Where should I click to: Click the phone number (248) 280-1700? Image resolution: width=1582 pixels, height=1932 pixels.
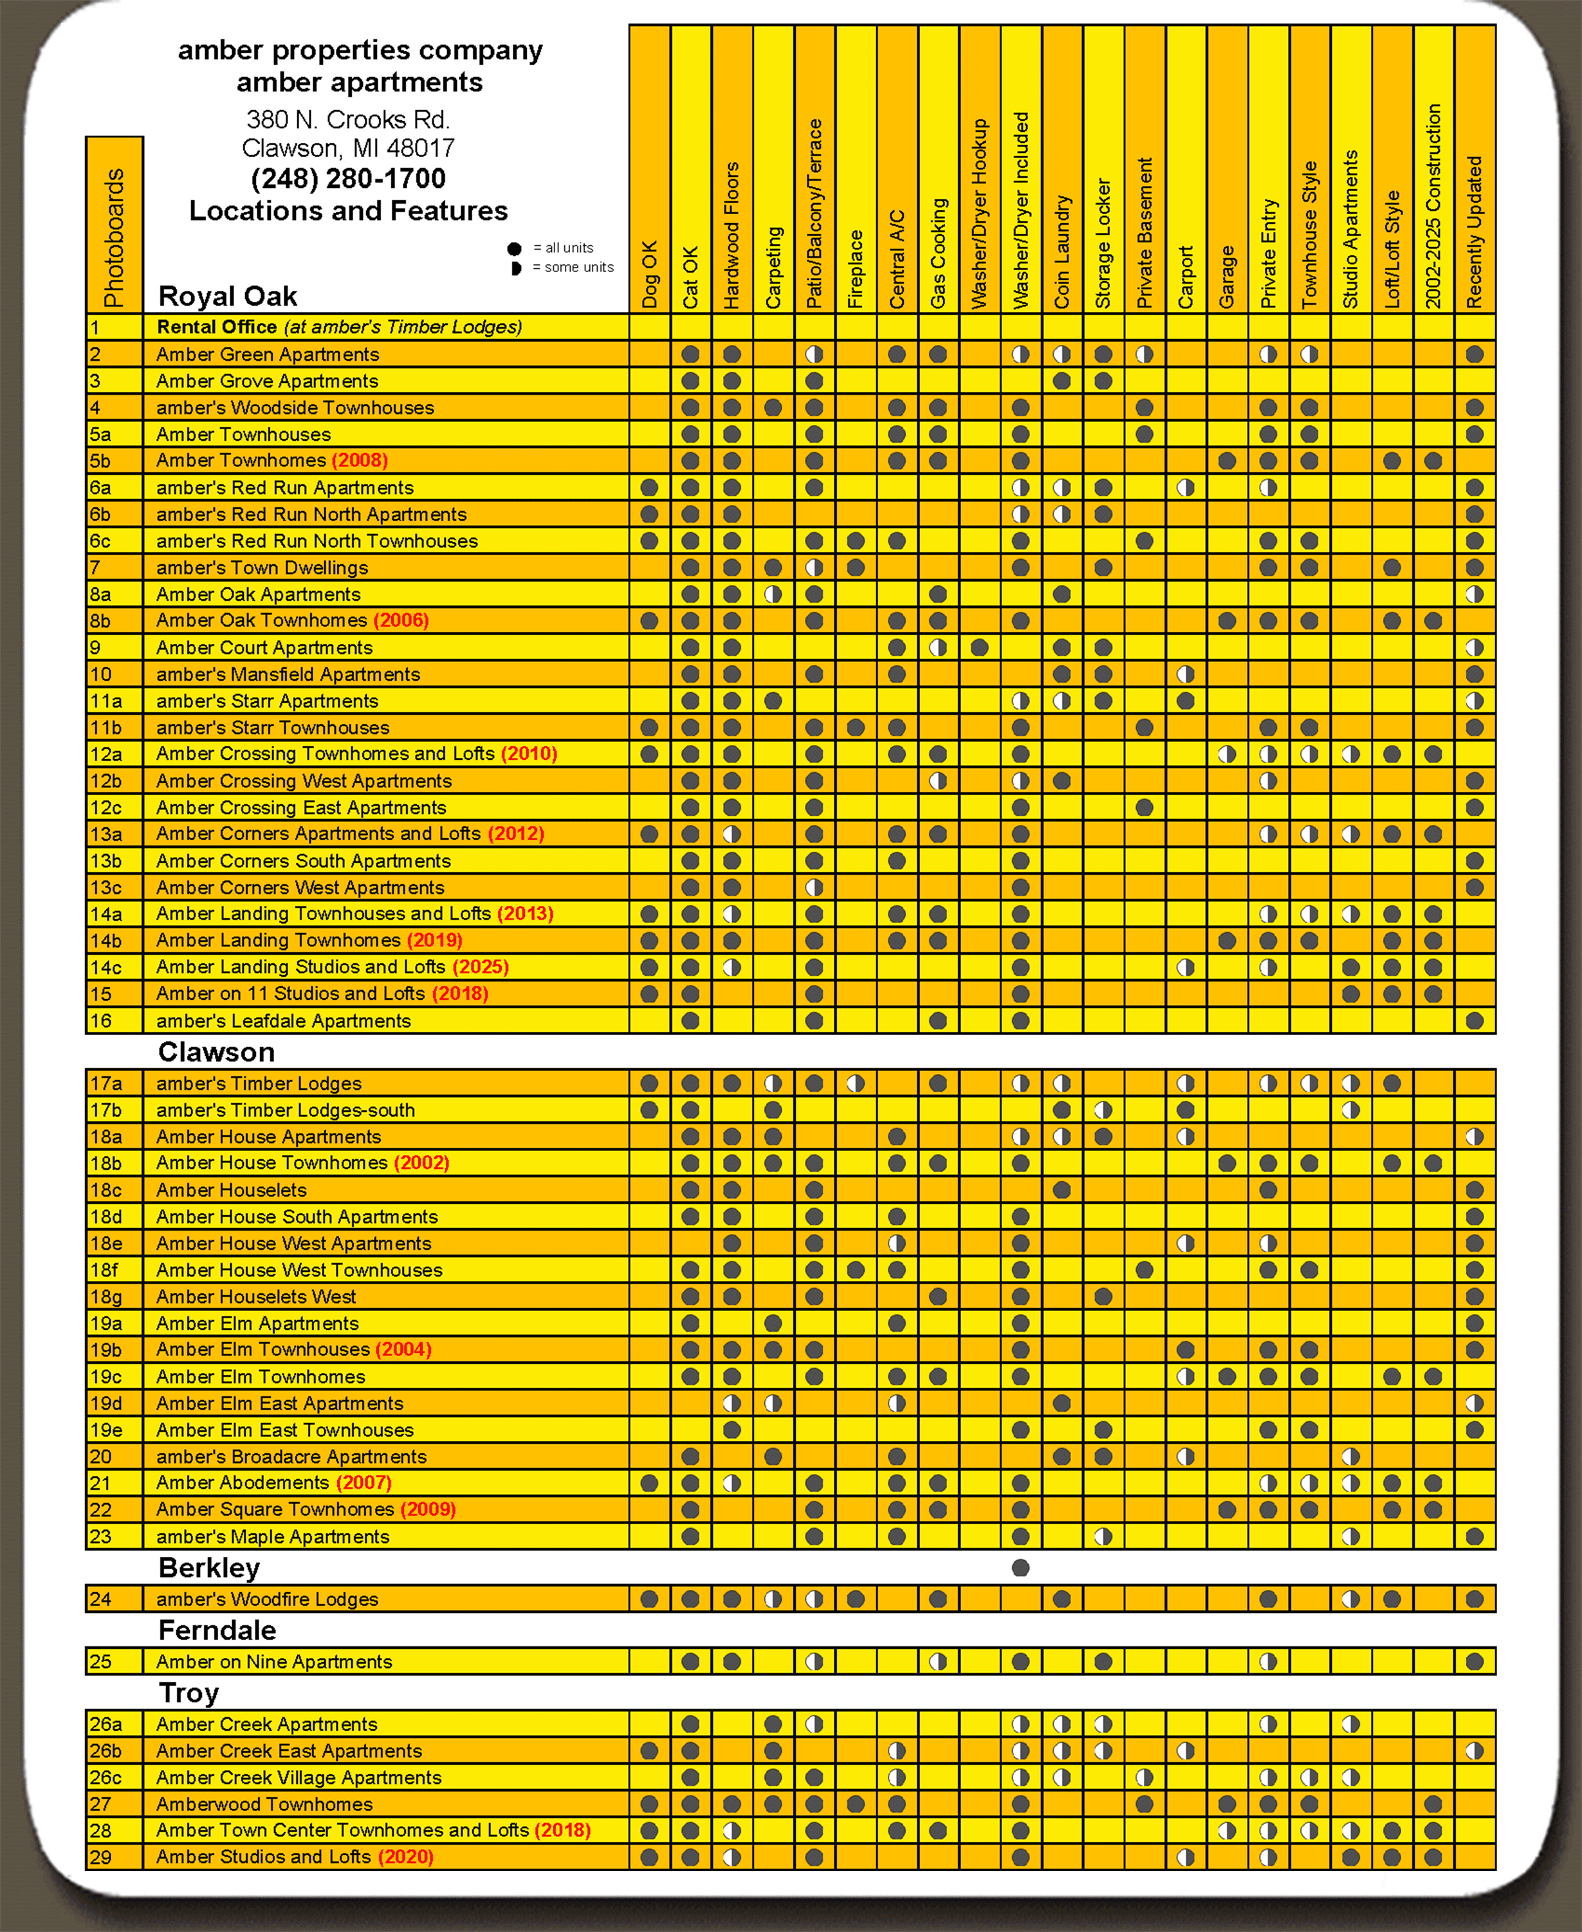point(348,179)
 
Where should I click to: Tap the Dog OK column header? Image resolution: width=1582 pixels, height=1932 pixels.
point(649,273)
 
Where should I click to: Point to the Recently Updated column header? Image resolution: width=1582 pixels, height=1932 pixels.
point(1475,232)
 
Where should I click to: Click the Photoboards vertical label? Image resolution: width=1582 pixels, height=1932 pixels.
point(114,237)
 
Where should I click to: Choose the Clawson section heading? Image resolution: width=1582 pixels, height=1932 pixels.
point(216,1052)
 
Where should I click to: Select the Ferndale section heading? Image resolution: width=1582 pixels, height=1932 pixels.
point(217,1630)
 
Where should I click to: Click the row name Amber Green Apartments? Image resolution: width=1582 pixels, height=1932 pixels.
point(267,354)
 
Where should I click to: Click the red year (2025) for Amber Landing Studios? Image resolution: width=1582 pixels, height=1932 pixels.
point(480,966)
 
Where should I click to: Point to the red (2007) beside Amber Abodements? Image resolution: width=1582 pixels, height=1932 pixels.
point(363,1483)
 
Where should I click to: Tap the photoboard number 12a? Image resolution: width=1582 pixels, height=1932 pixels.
point(106,753)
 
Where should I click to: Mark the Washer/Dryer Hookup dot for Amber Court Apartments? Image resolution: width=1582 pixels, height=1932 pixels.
point(979,648)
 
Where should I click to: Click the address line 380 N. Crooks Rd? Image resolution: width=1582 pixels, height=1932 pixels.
point(347,120)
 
